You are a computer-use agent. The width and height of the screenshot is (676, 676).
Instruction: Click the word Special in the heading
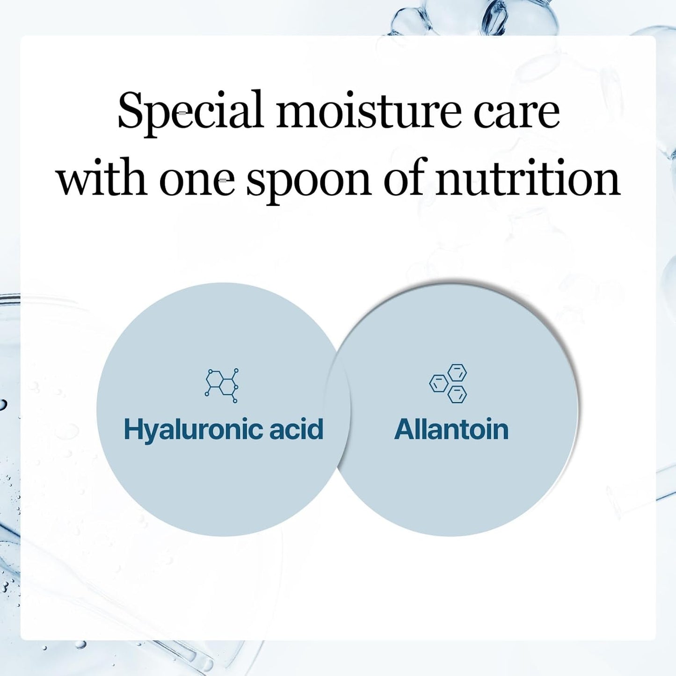pos(190,111)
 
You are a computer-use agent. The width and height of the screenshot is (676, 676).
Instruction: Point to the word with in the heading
pos(102,179)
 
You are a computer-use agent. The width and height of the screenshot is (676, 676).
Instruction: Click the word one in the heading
pos(196,181)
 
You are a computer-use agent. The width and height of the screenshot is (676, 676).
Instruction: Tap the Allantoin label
pos(451,429)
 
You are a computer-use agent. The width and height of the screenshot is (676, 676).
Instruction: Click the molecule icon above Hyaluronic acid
pos(222,385)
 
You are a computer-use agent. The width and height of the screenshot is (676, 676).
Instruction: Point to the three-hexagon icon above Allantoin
pos(449,384)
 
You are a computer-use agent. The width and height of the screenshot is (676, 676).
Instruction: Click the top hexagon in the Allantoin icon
pos(457,373)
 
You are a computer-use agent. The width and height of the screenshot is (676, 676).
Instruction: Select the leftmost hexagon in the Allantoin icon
pos(438,383)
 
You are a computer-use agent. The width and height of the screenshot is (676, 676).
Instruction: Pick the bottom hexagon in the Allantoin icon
pos(457,394)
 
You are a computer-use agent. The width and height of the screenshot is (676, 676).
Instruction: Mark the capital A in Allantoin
pos(405,429)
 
